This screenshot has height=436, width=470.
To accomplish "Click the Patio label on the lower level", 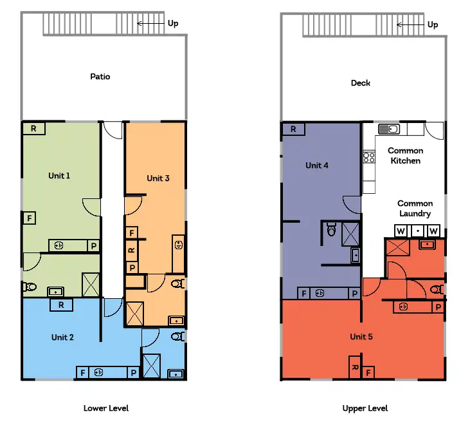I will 100,77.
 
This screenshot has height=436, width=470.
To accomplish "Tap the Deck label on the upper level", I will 360,83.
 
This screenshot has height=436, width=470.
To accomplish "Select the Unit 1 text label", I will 59,175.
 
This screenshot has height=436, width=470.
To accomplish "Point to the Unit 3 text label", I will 158,178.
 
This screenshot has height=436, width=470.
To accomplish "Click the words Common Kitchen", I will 405,155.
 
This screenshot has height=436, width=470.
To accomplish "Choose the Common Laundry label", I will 413,208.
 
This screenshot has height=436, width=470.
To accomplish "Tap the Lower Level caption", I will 106,408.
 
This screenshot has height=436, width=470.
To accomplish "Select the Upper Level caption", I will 365,408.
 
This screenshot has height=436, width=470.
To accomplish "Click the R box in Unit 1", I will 33,129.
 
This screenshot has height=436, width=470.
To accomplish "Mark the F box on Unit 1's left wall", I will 29,218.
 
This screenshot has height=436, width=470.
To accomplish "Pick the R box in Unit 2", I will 61,305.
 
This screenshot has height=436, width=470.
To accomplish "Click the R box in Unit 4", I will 293,129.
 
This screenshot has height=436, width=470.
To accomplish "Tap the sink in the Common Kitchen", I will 389,129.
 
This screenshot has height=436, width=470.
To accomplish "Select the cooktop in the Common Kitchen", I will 369,156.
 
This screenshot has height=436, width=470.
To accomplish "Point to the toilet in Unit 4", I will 330,229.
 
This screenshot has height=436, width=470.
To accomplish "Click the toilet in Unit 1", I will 29,286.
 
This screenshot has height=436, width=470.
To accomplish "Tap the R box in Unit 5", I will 354,368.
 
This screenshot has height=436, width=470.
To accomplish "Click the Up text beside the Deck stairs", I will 433,24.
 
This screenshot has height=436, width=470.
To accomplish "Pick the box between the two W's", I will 417,230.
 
